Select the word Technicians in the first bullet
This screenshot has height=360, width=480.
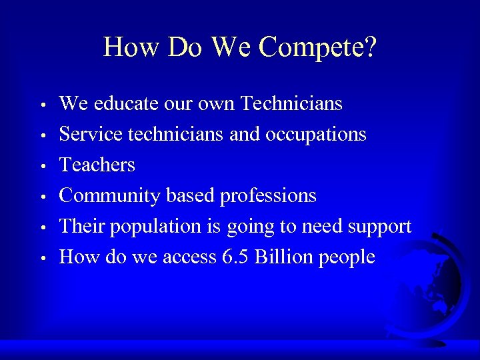291,103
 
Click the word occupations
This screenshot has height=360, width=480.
316,135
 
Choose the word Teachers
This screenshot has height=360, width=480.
97,165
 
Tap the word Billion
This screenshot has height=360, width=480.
283,257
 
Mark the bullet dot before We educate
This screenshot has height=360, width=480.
42,105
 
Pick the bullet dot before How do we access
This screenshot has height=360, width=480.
42,258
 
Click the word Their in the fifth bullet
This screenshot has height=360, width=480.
82,227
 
